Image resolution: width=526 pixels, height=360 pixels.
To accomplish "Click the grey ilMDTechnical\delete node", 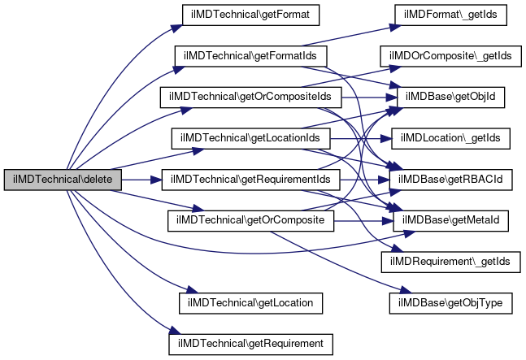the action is (63, 180).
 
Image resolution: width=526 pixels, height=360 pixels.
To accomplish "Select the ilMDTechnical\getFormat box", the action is (250, 15).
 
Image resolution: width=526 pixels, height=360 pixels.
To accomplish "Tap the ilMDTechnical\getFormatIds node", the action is (250, 56).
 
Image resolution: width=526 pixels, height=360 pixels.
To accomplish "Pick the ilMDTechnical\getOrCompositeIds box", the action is (250, 98).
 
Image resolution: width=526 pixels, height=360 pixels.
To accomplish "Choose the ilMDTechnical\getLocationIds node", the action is (250, 138).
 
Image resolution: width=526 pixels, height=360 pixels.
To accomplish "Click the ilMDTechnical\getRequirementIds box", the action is (250, 180).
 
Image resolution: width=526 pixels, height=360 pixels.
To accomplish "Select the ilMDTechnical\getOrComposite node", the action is (250, 221).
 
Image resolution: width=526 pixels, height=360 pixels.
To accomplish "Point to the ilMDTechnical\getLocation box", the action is (250, 303).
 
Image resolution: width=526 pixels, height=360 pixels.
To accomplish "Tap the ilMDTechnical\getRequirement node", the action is (250, 345).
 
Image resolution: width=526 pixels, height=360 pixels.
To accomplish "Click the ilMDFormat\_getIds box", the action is (450, 15).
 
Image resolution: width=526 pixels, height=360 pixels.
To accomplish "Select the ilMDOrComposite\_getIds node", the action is (450, 56).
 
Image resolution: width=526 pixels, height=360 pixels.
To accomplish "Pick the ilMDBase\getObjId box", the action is (450, 98).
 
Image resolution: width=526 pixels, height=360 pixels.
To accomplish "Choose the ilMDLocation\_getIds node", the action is (450, 138).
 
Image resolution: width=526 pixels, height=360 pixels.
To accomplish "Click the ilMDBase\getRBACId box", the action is (450, 180).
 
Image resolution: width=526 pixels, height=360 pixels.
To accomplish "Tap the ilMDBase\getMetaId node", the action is (450, 221).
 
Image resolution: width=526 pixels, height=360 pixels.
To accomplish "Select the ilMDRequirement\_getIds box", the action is (450, 262).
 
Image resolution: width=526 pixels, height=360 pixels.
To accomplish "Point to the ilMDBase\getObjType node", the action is (450, 303).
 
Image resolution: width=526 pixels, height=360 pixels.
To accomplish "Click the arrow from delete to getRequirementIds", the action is (141, 180).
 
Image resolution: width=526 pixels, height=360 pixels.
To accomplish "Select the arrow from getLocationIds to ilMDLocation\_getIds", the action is (361, 138).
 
